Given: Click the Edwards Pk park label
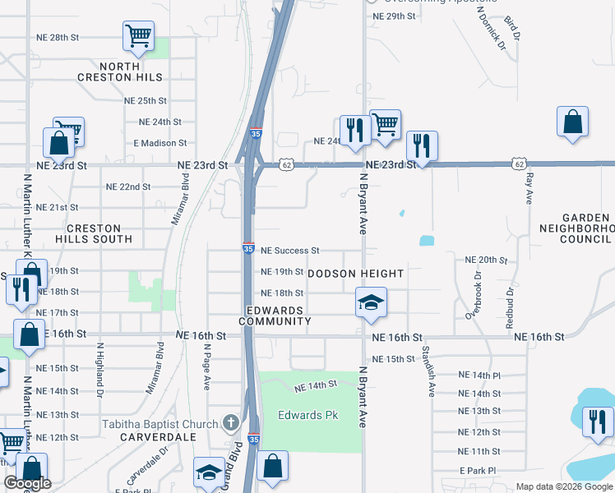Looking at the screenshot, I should (308, 415).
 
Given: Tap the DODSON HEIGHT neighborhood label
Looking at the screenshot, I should (356, 274).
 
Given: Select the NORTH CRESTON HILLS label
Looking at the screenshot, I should (131, 71).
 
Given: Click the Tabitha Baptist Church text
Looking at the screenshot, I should (160, 424).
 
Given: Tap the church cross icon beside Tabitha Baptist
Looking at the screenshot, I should (233, 424).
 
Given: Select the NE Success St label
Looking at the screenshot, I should (289, 250).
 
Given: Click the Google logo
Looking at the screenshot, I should (28, 483).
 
